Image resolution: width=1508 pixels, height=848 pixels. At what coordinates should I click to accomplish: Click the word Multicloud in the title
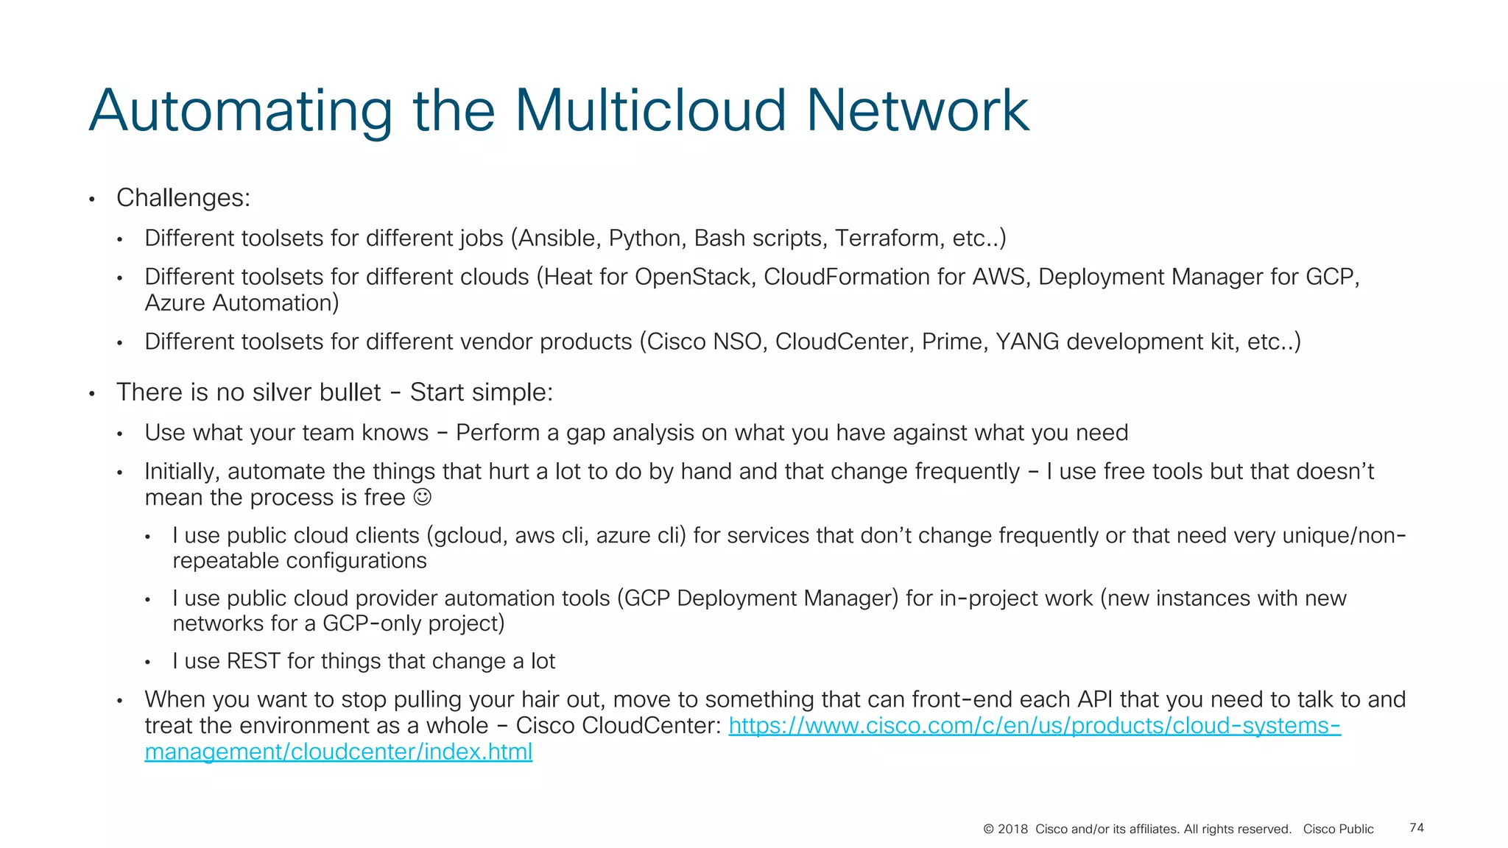click(650, 110)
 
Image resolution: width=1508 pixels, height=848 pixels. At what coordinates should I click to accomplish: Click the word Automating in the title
click(240, 110)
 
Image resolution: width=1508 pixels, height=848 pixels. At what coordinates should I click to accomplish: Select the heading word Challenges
click(183, 198)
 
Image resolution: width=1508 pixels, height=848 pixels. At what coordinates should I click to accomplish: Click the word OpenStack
click(693, 277)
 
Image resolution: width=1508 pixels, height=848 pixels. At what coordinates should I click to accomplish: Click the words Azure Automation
click(242, 303)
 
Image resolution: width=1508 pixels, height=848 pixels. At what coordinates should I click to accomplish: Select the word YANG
click(1026, 342)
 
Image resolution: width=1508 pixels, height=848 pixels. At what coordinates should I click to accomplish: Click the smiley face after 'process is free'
click(422, 498)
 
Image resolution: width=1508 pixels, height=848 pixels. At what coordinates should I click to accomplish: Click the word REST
click(253, 661)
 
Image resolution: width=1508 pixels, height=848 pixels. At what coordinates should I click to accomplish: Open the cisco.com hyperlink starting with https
click(1034, 726)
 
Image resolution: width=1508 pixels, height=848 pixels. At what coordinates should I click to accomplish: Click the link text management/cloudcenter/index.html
click(338, 752)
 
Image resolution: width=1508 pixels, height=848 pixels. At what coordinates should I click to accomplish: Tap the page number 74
click(1416, 828)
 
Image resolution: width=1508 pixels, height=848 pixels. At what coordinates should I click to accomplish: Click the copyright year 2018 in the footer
click(1012, 830)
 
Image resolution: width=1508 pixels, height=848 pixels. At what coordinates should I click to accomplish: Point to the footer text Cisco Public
click(1338, 830)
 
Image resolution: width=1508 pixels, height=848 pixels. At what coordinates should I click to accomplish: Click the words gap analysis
click(630, 433)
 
